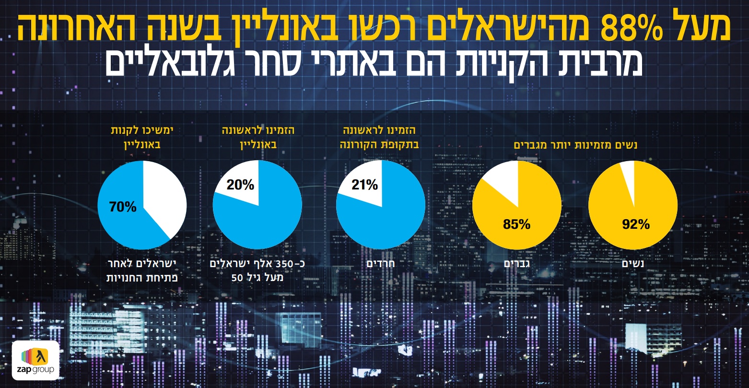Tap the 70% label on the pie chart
[123, 207]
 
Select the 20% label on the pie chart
[240, 185]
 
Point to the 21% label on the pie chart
[364, 185]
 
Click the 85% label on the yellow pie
[516, 224]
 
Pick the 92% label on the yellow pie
[636, 224]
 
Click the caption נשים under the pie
[633, 264]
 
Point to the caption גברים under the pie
[516, 264]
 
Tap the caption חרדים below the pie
[381, 264]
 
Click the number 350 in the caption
[284, 264]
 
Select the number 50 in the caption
[237, 278]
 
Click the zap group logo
[36, 361]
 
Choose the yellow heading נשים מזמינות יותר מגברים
[575, 145]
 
